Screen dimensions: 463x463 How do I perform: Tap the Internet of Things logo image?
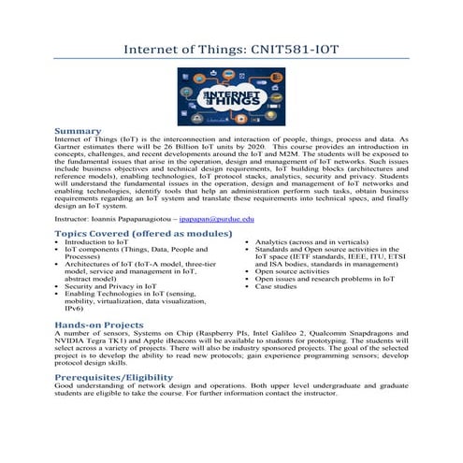point(230,94)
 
